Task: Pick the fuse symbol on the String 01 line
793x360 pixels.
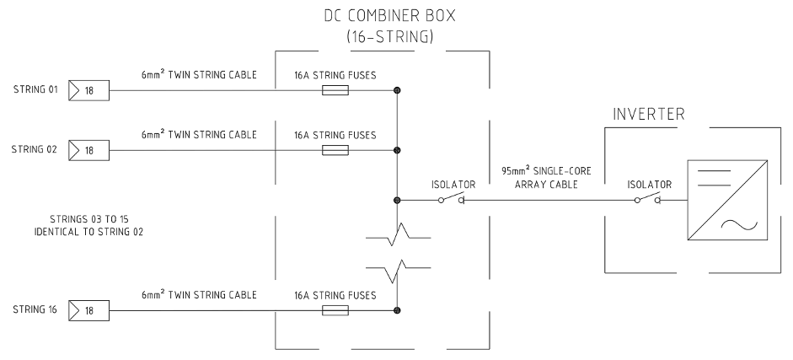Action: tap(335, 90)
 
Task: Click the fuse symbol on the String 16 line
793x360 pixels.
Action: tap(335, 311)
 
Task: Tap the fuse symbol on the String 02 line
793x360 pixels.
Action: tap(335, 152)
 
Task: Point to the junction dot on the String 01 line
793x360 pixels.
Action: tap(397, 90)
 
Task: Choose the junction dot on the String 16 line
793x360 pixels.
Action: tap(397, 311)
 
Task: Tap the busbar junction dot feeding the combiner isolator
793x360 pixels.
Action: tap(397, 201)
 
